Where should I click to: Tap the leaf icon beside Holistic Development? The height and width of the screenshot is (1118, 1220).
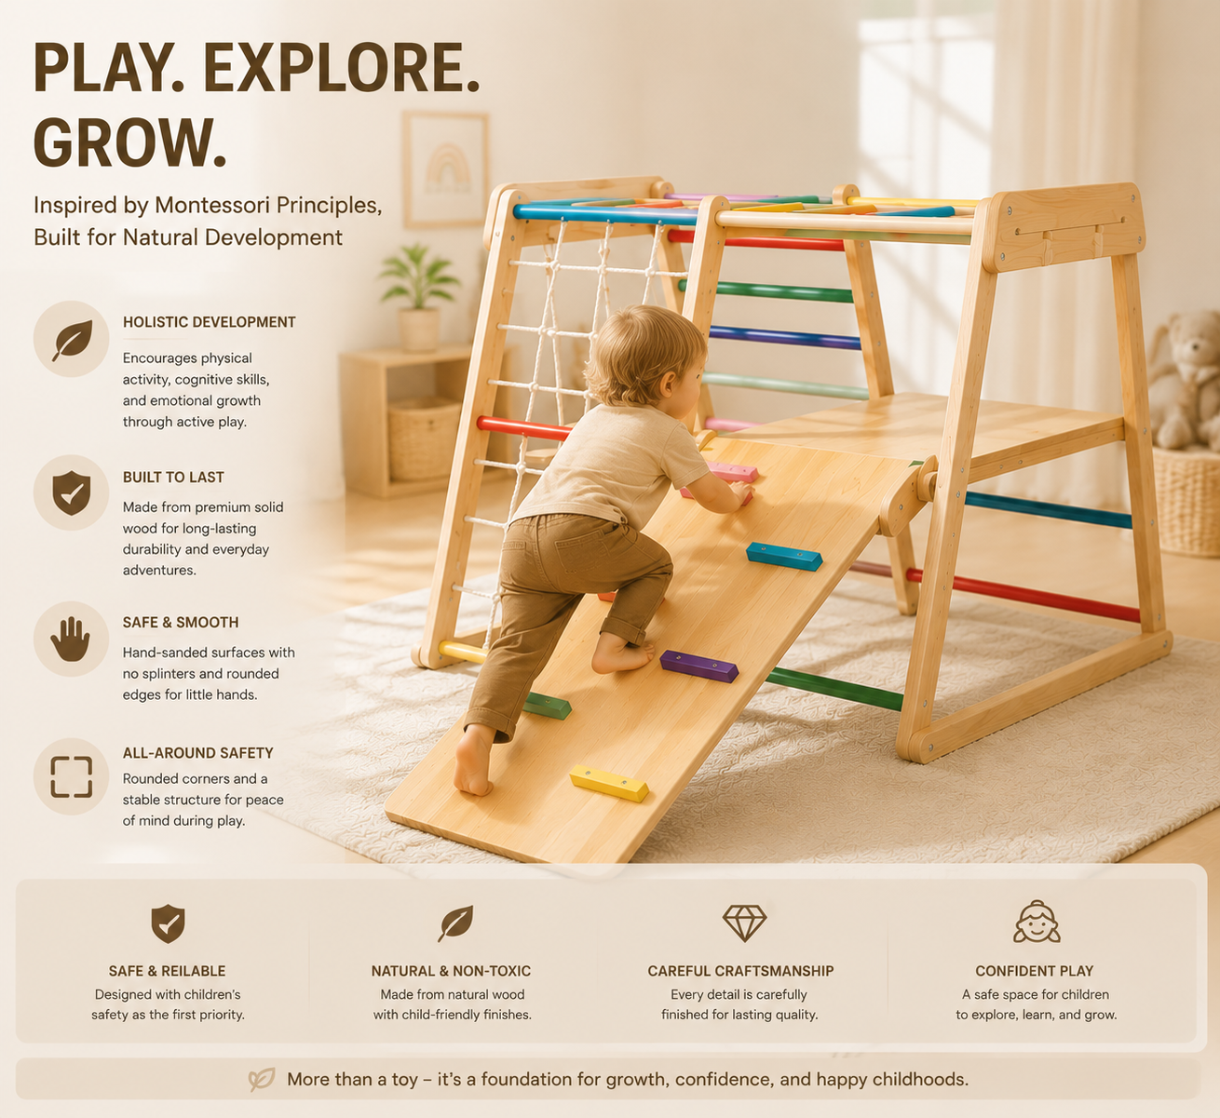coord(73,340)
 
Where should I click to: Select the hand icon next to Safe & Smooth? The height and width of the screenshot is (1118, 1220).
coord(71,639)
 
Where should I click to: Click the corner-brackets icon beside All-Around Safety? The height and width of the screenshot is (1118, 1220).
coord(71,777)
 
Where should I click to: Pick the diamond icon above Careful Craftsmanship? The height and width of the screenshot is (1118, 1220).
coord(744,923)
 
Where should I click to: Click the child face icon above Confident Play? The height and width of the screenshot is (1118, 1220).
coord(1037,922)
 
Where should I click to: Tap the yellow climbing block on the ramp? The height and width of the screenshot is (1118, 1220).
coord(609,783)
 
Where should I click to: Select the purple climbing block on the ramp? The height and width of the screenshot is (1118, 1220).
coord(698,666)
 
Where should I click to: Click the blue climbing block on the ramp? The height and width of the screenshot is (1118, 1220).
coord(784,556)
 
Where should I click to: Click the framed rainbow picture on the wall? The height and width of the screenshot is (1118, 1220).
coord(446,169)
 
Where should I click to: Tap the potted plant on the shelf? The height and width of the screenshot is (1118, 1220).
coord(419,297)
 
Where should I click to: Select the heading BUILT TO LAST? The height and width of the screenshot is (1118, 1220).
coord(173,478)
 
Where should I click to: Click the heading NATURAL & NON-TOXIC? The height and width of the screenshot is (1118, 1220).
coord(452,971)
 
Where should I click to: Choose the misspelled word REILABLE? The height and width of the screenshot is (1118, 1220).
coord(192,971)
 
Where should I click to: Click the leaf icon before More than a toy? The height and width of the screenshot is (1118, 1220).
coord(262,1079)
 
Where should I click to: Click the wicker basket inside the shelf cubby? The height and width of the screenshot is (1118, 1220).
coord(424,438)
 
